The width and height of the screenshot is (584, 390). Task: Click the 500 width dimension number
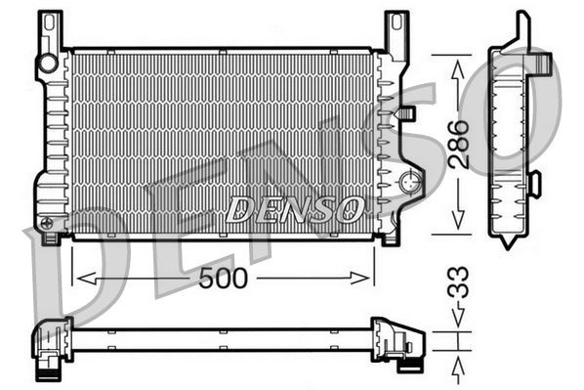(x=224, y=278)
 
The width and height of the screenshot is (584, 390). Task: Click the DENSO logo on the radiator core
(x=295, y=207)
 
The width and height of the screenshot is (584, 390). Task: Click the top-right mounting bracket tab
(x=396, y=29)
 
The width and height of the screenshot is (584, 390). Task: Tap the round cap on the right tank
(x=410, y=183)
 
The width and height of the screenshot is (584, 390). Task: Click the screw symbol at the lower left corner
(x=47, y=224)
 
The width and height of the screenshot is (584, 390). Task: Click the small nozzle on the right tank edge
(x=406, y=112)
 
